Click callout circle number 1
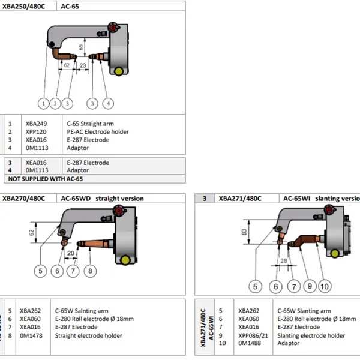click(x=44, y=103)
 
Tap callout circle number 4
click(x=107, y=103)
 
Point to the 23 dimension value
click(x=83, y=64)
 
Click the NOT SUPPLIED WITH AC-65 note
click(x=45, y=179)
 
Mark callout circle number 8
click(x=89, y=271)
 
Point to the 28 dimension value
click(x=283, y=262)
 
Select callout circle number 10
click(x=325, y=286)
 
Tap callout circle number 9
click(x=310, y=286)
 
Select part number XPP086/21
click(x=253, y=335)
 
